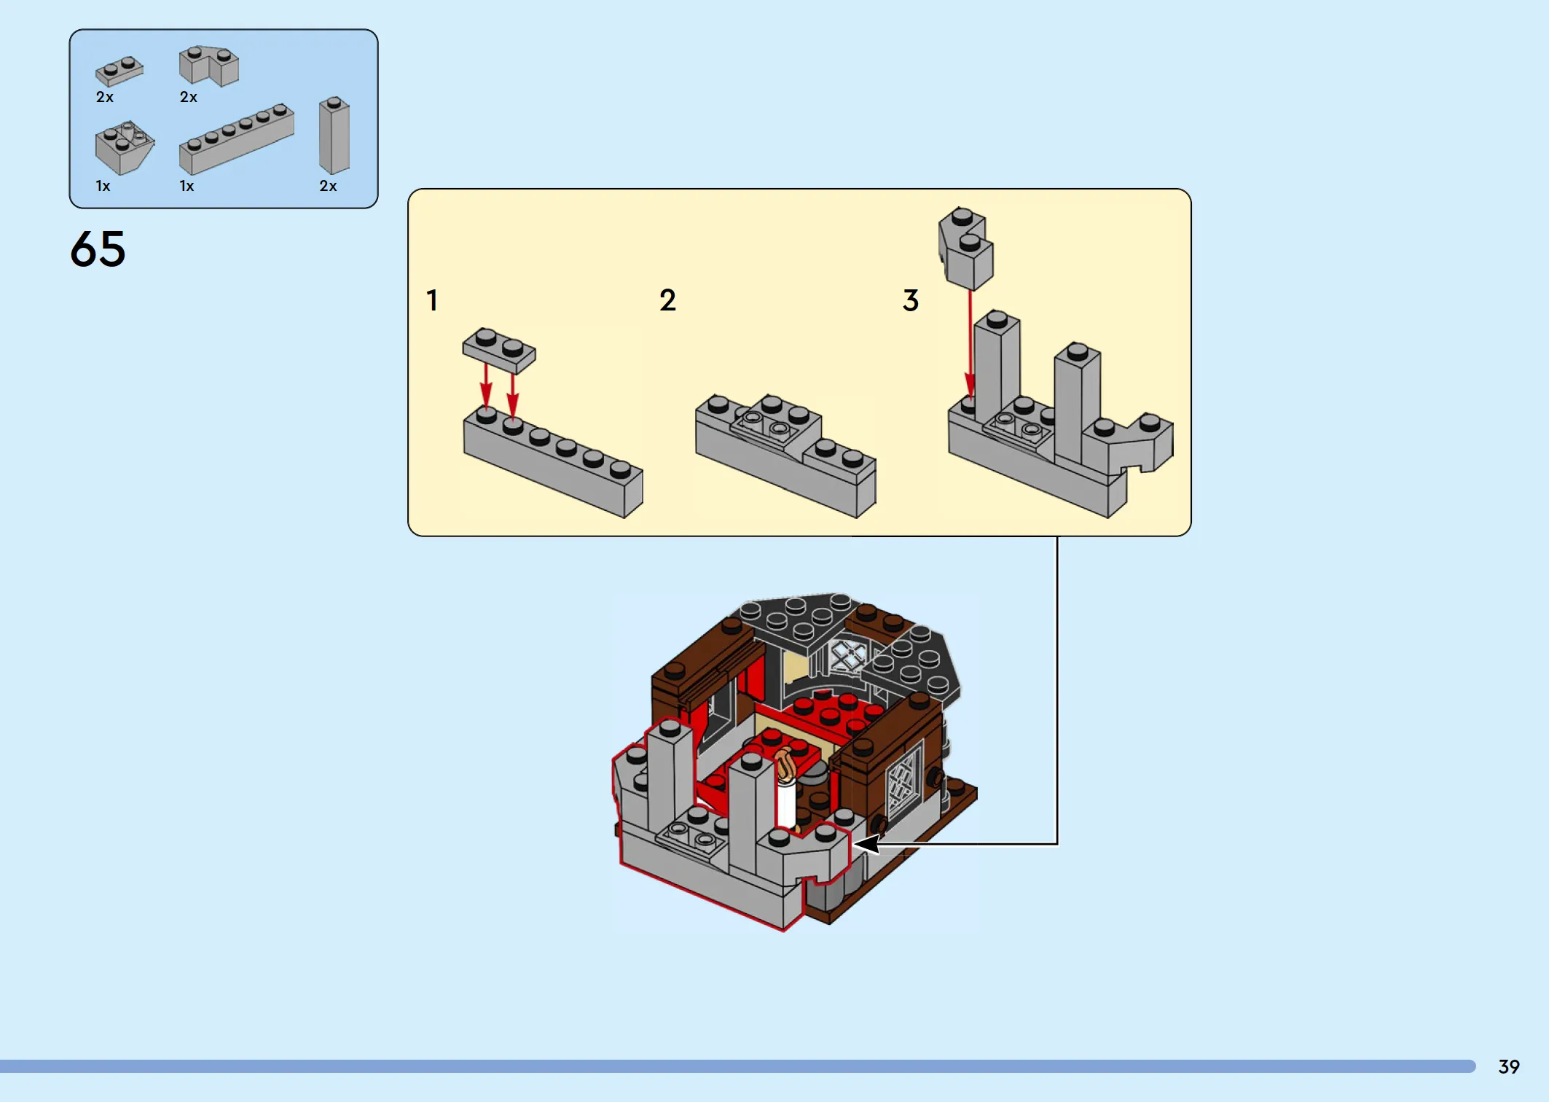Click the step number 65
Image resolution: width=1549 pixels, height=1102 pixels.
[x=98, y=249]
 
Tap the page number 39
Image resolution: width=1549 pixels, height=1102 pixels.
[x=1509, y=1066]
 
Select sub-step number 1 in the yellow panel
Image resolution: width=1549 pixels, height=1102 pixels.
[x=432, y=300]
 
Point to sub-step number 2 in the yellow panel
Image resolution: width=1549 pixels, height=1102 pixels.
[x=667, y=300]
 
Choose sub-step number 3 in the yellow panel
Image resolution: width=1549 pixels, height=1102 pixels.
[x=911, y=300]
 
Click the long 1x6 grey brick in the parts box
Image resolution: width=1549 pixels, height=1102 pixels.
[x=237, y=138]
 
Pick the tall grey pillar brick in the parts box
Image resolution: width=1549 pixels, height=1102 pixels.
[x=334, y=136]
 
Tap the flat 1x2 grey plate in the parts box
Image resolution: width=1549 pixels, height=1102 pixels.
[x=119, y=71]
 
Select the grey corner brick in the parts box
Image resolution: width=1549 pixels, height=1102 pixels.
[x=209, y=66]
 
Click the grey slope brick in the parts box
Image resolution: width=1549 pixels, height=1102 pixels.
[x=124, y=148]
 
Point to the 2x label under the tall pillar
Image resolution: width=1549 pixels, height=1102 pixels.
[x=328, y=186]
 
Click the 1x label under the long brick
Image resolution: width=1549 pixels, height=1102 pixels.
[x=187, y=186]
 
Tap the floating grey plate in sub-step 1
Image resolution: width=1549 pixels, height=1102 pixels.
[x=499, y=351]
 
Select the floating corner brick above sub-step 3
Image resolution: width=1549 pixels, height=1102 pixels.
[x=966, y=249]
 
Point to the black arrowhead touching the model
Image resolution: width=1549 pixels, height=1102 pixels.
[x=866, y=844]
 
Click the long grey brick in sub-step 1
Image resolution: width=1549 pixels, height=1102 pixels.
[x=553, y=463]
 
